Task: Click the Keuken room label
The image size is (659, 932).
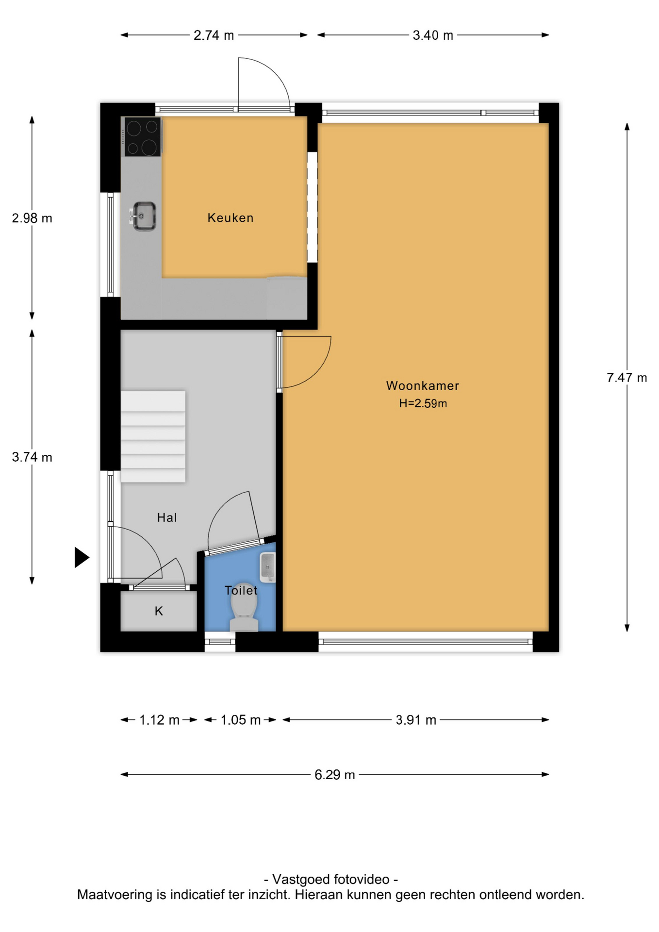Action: tap(231, 218)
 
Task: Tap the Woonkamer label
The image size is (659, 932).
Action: tap(423, 386)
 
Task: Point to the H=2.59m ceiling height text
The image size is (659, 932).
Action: tap(423, 403)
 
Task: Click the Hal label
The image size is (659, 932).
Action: tap(167, 518)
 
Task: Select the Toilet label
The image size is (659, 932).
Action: tap(241, 590)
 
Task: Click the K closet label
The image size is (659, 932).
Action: tap(159, 611)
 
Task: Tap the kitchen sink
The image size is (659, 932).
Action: tap(143, 216)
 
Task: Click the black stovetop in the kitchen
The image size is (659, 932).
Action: tap(143, 137)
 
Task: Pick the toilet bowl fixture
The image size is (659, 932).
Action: tap(244, 607)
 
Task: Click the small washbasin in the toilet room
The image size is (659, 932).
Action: tap(267, 567)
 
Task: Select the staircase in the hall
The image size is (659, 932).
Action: tap(153, 437)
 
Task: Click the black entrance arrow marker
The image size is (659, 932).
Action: tap(82, 557)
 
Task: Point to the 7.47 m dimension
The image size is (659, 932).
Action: tap(627, 378)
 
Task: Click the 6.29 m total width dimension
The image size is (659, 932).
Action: tap(335, 775)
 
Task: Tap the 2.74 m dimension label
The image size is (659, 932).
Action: tap(214, 35)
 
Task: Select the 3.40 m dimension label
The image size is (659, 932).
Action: tap(433, 35)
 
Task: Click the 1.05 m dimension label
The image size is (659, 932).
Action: tap(241, 720)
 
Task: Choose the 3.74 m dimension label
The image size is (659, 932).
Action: tap(32, 457)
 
